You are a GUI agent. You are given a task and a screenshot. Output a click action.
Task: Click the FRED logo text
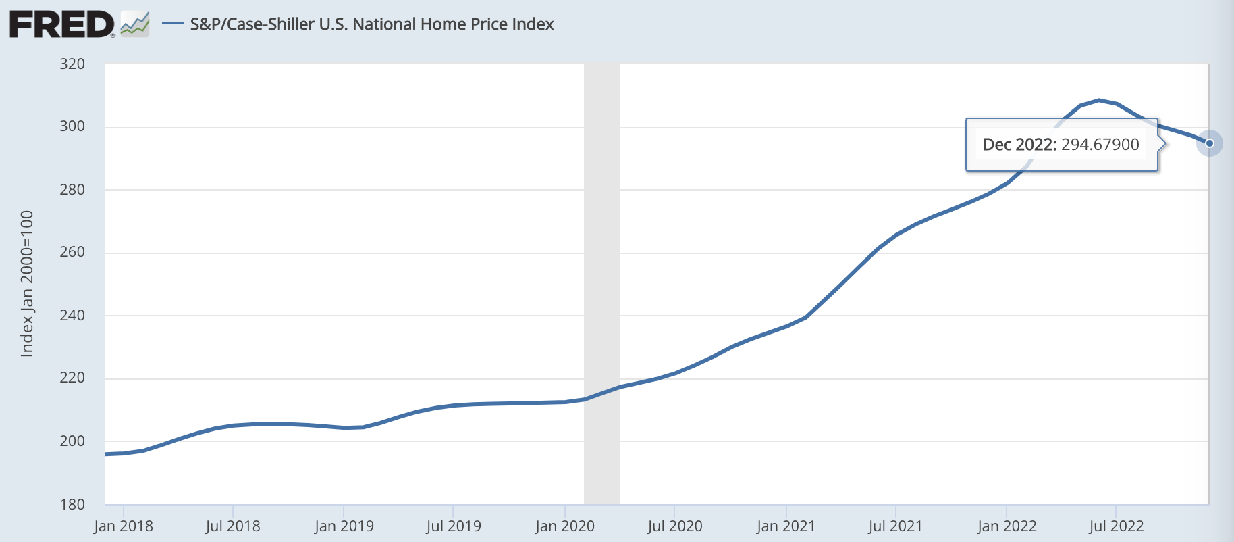click(61, 25)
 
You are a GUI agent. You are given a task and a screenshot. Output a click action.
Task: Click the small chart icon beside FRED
click(135, 25)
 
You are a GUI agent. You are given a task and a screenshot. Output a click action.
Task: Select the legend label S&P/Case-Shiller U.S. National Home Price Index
click(371, 24)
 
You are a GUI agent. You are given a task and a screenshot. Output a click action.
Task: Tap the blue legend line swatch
click(173, 24)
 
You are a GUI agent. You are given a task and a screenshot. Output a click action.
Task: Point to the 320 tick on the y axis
click(72, 64)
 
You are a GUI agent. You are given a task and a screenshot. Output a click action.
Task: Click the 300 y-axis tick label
click(72, 126)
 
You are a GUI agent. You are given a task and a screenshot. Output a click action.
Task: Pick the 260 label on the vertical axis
click(72, 252)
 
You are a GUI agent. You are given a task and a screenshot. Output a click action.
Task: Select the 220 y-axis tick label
click(72, 378)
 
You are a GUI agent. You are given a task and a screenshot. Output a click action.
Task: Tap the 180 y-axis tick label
click(72, 504)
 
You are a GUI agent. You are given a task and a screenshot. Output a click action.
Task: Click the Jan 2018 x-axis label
click(124, 526)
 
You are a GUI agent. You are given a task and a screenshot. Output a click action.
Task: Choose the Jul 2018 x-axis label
click(233, 526)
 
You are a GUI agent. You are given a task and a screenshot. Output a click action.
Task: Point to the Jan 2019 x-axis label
click(344, 526)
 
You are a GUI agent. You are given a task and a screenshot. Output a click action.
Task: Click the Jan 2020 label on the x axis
click(565, 526)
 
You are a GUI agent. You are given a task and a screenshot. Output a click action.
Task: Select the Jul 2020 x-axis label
click(675, 526)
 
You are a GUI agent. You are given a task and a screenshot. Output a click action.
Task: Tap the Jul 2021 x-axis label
click(895, 526)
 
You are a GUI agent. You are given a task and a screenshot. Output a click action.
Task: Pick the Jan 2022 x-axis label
click(1007, 526)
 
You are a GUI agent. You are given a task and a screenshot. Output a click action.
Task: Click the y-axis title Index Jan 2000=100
click(27, 284)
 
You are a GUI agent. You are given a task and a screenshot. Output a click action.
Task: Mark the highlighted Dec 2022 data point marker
click(1210, 143)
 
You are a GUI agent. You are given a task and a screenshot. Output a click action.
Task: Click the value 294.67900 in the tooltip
click(1100, 145)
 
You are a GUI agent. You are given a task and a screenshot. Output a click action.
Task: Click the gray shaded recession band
click(602, 284)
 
